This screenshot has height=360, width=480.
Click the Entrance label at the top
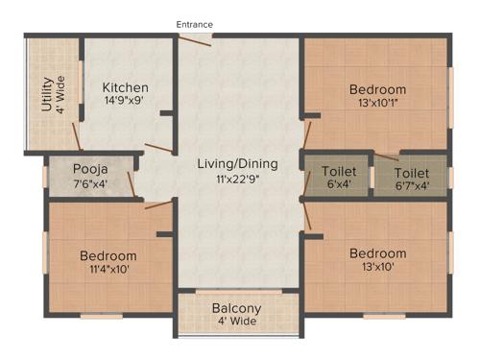[194, 24]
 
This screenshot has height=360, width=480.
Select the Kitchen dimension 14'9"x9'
[126, 102]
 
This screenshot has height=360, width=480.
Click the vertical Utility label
[46, 94]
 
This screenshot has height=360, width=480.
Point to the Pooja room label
[90, 167]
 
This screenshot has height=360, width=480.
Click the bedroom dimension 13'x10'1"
[377, 104]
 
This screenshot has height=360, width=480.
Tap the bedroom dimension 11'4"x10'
[108, 270]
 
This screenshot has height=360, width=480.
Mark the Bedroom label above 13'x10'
[377, 253]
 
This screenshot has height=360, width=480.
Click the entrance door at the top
[196, 38]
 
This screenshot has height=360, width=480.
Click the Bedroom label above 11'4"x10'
[108, 256]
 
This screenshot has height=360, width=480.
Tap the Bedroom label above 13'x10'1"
[377, 90]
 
